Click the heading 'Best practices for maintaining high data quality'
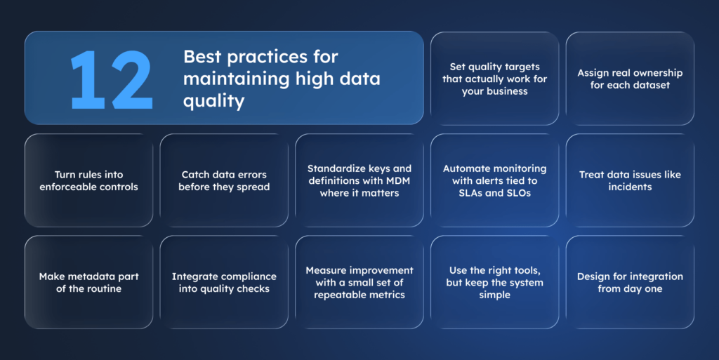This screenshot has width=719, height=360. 281,78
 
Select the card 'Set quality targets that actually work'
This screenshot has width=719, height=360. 494,79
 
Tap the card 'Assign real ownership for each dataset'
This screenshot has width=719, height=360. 630,79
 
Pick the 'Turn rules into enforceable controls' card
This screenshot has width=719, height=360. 88,180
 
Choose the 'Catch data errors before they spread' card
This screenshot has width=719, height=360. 224,180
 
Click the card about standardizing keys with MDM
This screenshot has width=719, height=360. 359,180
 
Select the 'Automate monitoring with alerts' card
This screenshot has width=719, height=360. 494,180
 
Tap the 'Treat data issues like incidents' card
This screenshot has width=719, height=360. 630,180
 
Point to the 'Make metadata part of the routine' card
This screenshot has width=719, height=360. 88,282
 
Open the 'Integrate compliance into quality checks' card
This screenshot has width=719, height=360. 224,282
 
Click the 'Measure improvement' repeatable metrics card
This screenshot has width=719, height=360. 359,282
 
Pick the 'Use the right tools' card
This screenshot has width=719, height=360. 494,282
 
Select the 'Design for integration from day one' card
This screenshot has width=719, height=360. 630,282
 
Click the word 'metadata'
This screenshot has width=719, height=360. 88,276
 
